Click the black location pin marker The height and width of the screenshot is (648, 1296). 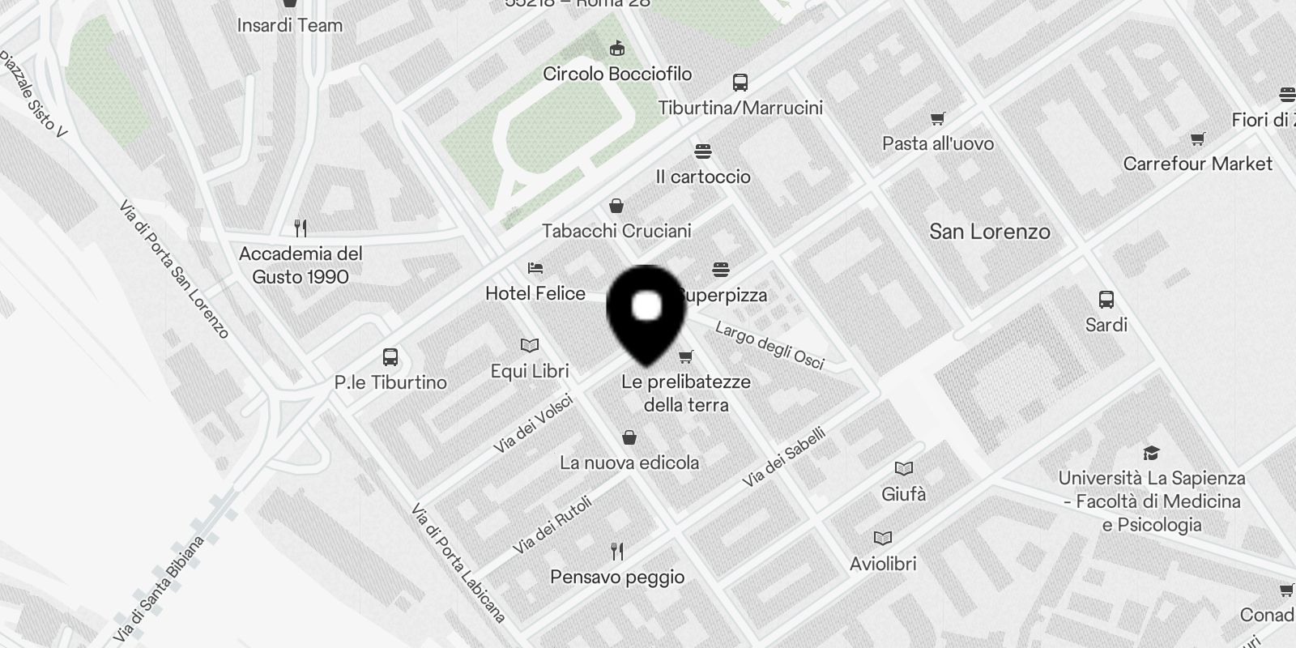coord(646,313)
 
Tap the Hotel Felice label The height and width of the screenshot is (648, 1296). coord(535,293)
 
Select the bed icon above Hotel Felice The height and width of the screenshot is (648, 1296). coord(535,268)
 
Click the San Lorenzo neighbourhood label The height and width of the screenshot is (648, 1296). coord(989,232)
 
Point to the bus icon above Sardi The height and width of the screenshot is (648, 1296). coord(1106,300)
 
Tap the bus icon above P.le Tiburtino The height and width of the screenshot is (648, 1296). coord(390,356)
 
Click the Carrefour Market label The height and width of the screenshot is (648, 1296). coord(1197,164)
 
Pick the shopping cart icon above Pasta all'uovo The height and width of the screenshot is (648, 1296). coord(937,119)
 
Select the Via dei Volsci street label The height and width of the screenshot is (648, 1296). coord(533,424)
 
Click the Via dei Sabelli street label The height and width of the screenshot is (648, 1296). coord(784,457)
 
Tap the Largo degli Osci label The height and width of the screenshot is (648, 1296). coord(769,345)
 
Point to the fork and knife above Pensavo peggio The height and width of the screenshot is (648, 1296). coord(617,552)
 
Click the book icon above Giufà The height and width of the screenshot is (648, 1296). coord(903,468)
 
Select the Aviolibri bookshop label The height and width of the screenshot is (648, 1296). coord(882,564)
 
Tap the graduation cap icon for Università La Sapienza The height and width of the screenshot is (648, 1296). coord(1151,453)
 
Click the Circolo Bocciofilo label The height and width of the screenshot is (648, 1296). coord(617,74)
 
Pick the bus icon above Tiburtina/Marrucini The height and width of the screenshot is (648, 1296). coord(740,82)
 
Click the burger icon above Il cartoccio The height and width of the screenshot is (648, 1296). coord(702,151)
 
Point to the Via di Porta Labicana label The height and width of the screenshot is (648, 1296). coord(458,563)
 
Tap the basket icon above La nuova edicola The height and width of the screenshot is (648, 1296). coord(629,438)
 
